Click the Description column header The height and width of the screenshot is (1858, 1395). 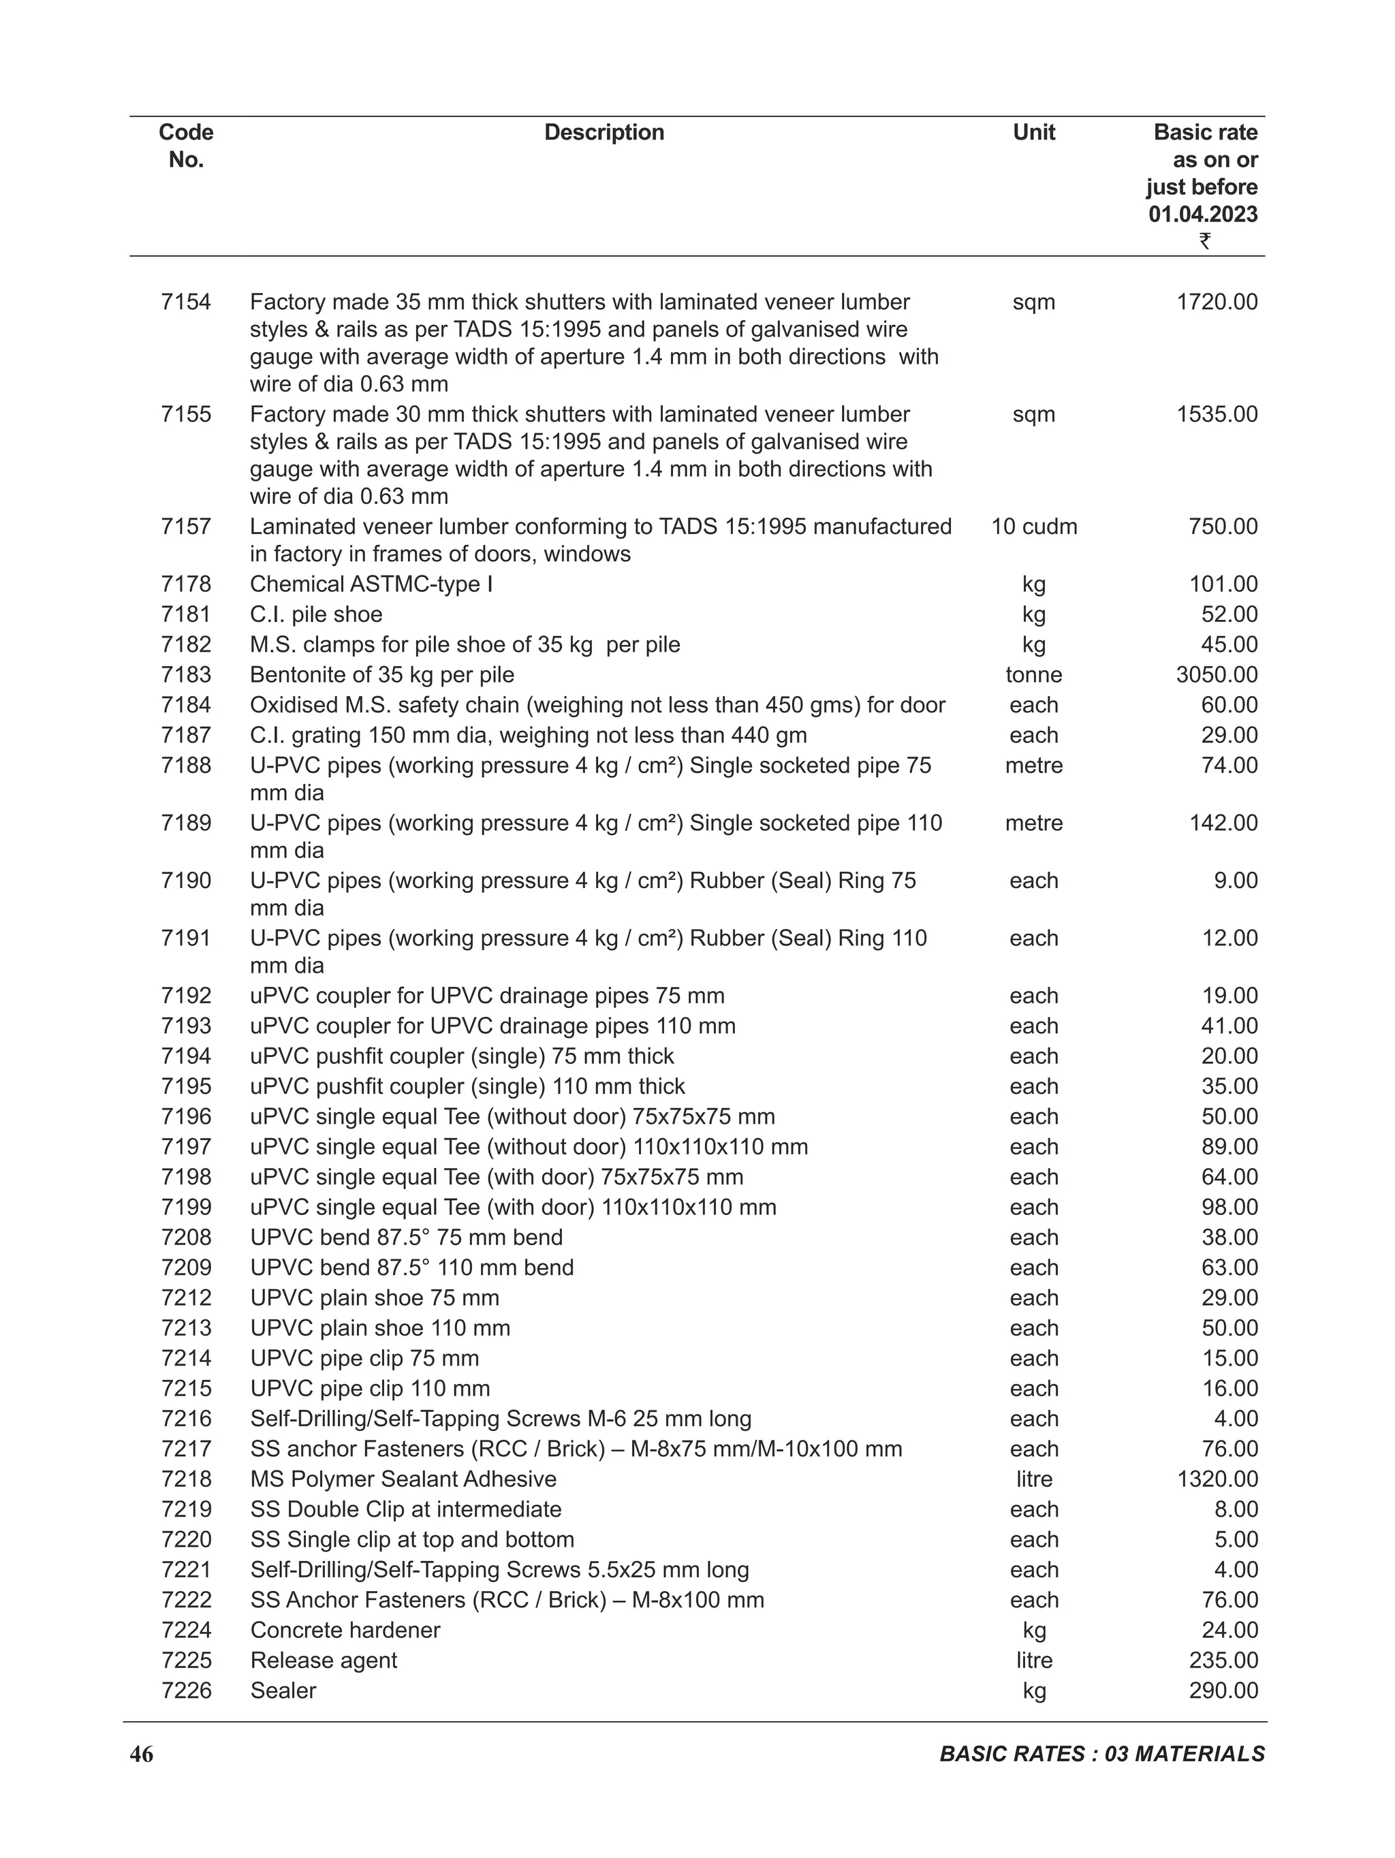(604, 133)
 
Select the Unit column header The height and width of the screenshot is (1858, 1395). (1033, 133)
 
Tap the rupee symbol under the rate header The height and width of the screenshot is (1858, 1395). (1204, 241)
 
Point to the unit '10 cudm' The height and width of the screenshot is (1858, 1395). (1033, 526)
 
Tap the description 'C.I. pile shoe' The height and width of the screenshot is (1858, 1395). (316, 614)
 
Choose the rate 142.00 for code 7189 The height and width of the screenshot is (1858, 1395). (1223, 823)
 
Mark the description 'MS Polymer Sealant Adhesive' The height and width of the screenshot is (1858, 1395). (403, 1479)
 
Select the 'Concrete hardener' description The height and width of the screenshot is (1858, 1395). (345, 1631)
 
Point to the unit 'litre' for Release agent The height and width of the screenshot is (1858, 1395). (1033, 1660)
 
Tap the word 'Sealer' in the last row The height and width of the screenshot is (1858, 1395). (283, 1691)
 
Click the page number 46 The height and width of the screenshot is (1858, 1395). (141, 1754)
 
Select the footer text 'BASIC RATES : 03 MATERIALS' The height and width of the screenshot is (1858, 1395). (1101, 1754)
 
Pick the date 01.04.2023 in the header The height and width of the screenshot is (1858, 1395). (1203, 214)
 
